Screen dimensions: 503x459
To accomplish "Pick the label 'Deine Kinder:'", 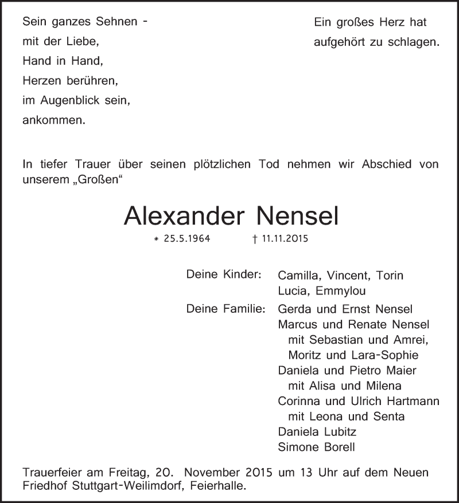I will point(224,275).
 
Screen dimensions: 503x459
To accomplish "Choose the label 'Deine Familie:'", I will point(225,309).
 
